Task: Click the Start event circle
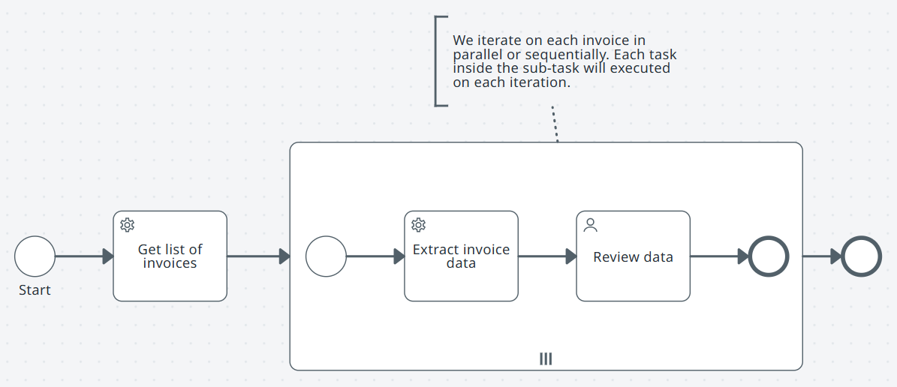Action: [35, 256]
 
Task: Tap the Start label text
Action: [35, 290]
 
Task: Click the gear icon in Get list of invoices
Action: [127, 225]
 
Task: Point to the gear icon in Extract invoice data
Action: [418, 225]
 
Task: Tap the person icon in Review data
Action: [590, 225]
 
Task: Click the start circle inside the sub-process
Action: [326, 256]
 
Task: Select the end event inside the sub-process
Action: [769, 256]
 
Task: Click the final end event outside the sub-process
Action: [861, 256]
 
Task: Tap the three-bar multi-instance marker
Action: [546, 359]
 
